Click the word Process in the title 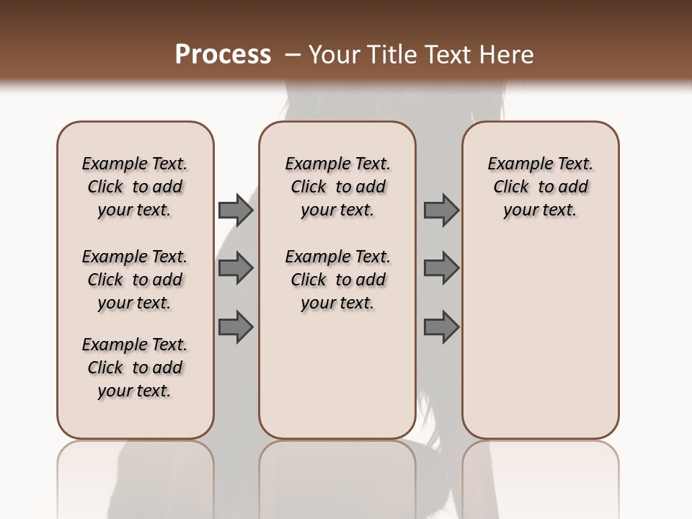click(x=223, y=55)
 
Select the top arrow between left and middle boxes click(x=236, y=210)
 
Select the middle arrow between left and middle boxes click(x=236, y=268)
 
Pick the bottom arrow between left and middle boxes click(x=236, y=327)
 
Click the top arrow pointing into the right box click(x=441, y=210)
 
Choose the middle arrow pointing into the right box click(x=441, y=268)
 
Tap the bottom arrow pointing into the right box click(x=441, y=327)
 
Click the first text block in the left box click(x=135, y=187)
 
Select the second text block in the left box click(x=135, y=280)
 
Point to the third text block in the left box click(x=135, y=368)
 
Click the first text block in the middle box click(x=337, y=187)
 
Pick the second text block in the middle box click(x=337, y=280)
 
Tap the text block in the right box click(x=540, y=187)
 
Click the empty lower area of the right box click(x=540, y=339)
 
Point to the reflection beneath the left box click(x=135, y=476)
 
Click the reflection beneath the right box click(x=540, y=476)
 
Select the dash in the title click(x=293, y=55)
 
